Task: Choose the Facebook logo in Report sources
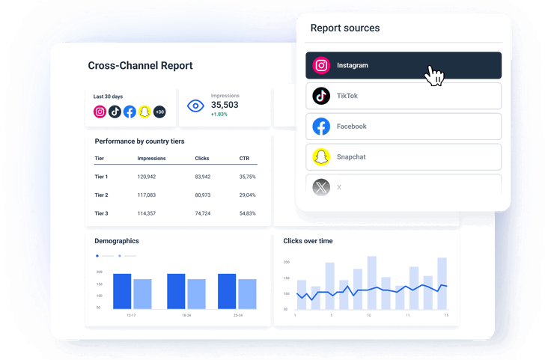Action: click(321, 126)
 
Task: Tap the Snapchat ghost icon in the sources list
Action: click(321, 157)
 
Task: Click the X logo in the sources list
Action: click(321, 187)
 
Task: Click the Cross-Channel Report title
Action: click(140, 66)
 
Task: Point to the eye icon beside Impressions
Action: click(195, 106)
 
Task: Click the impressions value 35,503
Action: click(225, 105)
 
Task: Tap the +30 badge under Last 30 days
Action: click(159, 112)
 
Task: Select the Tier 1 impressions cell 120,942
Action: click(147, 177)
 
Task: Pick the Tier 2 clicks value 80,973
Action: click(202, 195)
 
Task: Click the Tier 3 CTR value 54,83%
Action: click(247, 213)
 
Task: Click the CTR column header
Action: click(244, 159)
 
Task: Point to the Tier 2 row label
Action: click(101, 195)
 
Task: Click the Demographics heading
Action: click(117, 241)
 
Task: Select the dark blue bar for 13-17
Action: click(122, 291)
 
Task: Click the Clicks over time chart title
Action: click(308, 241)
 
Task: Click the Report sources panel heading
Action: click(345, 28)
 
